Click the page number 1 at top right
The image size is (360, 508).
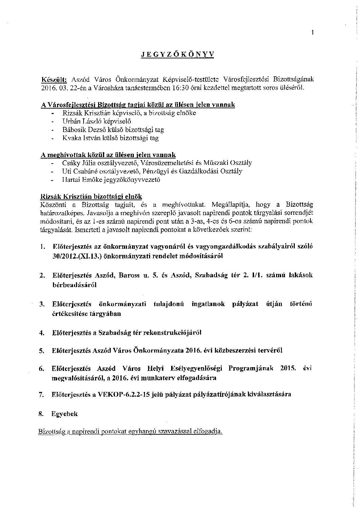(x=312, y=33)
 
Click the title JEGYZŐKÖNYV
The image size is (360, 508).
(x=178, y=55)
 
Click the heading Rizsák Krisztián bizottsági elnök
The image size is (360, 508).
(x=91, y=197)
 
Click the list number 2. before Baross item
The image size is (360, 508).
(x=42, y=276)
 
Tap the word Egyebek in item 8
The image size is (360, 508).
(x=65, y=414)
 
